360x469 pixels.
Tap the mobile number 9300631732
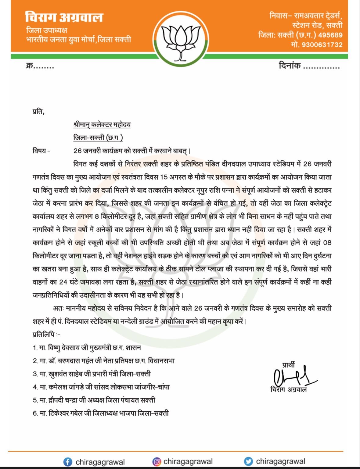(322, 45)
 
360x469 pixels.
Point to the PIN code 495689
(330, 35)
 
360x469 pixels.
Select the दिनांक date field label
(290, 65)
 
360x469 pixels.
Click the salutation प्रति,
(38, 112)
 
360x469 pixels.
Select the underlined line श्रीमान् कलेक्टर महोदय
(102, 125)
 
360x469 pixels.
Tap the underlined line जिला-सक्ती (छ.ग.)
(98, 138)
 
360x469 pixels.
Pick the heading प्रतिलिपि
(46, 335)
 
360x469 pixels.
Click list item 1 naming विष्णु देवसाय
(87, 348)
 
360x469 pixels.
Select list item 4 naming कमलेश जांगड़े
(101, 387)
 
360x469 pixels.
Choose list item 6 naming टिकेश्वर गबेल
(101, 413)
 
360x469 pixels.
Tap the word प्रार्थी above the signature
(288, 365)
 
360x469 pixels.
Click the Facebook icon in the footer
(68, 462)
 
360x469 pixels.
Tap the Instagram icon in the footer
(157, 461)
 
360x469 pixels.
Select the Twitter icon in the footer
(249, 461)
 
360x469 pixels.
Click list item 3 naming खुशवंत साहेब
(92, 374)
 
